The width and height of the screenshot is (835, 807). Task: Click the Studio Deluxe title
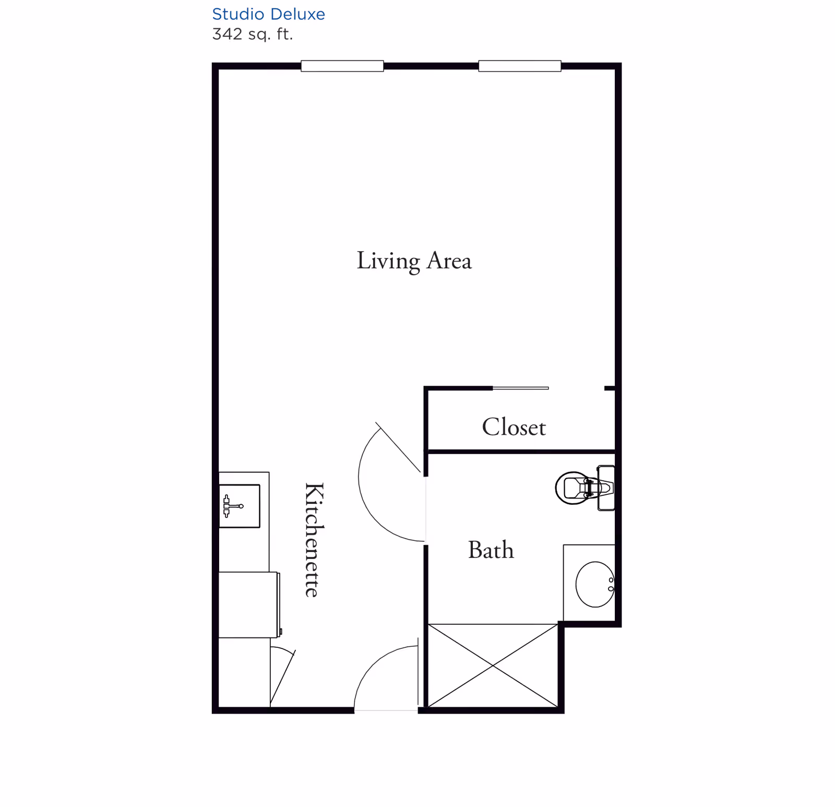click(x=268, y=14)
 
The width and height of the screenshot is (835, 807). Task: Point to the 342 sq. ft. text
click(x=253, y=34)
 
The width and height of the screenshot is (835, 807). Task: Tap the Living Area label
click(x=414, y=261)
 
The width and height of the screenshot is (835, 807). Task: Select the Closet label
click(x=514, y=427)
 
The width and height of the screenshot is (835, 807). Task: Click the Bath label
click(x=491, y=550)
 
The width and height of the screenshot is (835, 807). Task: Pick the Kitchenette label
click(x=314, y=540)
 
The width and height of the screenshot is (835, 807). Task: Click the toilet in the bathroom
click(x=584, y=488)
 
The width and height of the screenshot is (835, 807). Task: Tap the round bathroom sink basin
click(x=595, y=585)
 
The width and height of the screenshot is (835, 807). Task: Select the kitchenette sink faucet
click(x=233, y=506)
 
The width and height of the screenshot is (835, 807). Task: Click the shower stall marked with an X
click(x=493, y=666)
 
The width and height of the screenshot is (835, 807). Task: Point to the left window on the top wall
click(x=342, y=66)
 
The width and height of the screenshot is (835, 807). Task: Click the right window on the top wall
click(x=520, y=66)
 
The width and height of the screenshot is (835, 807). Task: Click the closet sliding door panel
click(x=521, y=388)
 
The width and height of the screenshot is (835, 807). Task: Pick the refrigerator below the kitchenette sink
click(x=249, y=604)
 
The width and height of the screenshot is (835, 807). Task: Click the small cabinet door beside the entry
click(x=283, y=677)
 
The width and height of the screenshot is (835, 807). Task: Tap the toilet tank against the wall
click(x=606, y=488)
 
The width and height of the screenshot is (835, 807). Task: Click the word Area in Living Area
click(x=449, y=261)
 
